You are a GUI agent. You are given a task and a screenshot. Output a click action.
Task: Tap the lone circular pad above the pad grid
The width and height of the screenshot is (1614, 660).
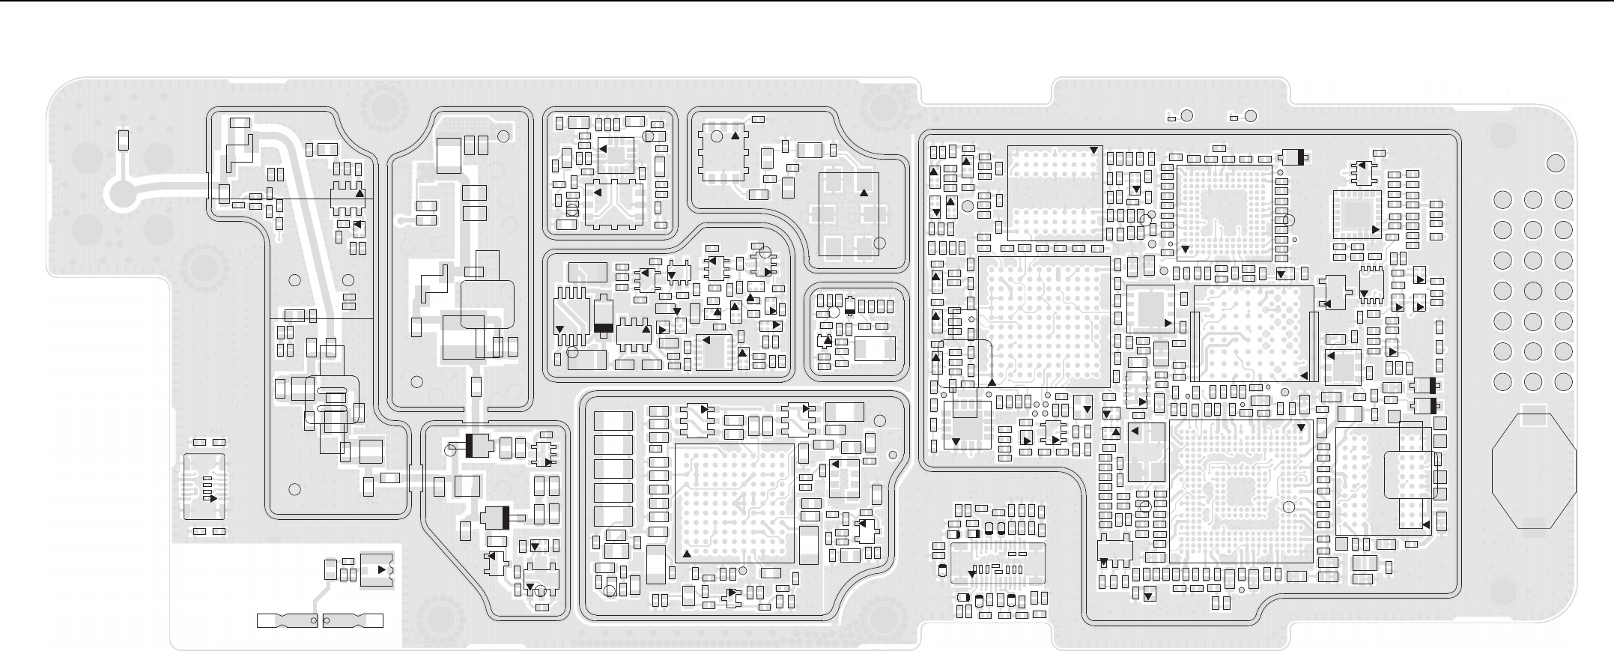[1556, 163]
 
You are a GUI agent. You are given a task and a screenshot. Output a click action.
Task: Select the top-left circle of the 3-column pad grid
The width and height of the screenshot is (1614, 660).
[1502, 200]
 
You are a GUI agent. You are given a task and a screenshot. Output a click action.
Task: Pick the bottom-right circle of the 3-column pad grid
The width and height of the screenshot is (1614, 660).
[1563, 381]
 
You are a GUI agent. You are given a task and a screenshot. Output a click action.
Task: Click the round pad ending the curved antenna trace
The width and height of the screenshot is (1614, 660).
[121, 195]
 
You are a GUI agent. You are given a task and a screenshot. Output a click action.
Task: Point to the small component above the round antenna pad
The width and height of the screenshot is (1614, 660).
[124, 140]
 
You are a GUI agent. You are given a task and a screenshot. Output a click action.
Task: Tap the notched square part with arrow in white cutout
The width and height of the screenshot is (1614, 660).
[376, 570]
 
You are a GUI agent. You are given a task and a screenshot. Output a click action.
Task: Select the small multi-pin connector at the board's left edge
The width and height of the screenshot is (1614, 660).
[205, 488]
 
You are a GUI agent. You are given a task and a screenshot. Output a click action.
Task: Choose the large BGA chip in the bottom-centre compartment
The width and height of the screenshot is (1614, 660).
[734, 503]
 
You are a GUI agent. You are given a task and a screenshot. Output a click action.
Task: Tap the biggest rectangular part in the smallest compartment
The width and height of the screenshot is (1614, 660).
[875, 348]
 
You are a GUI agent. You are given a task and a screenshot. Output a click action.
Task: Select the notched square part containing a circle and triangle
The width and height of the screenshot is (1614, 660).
[722, 152]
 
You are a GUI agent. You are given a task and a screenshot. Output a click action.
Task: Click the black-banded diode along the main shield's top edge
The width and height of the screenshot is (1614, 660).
[1293, 157]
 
